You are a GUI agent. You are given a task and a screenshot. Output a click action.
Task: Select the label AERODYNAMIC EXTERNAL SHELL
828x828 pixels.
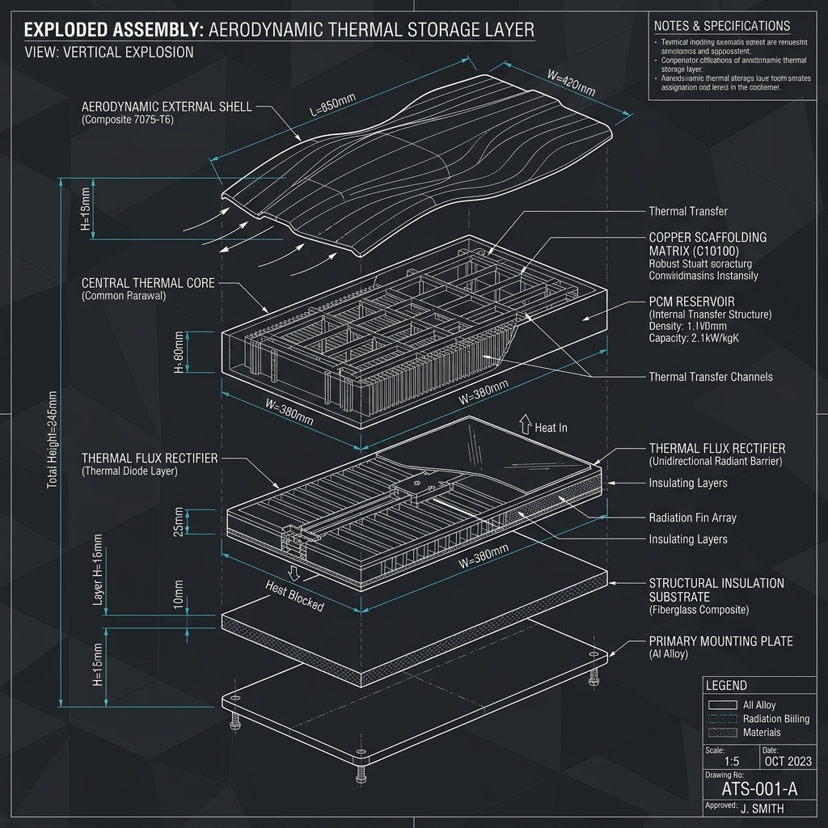167,107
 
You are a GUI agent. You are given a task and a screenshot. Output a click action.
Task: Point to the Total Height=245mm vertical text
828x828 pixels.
53,439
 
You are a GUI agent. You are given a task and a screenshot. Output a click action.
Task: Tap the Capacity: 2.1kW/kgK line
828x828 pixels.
694,338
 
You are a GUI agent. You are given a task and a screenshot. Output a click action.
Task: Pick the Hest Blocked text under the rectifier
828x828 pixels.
294,596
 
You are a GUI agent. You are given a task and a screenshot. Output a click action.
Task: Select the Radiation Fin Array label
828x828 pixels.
692,517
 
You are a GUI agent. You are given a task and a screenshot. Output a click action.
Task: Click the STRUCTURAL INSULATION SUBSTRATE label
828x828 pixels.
716,589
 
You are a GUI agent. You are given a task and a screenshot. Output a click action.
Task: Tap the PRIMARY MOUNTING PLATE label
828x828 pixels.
720,641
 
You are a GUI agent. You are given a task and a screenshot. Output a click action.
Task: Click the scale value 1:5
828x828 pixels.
732,762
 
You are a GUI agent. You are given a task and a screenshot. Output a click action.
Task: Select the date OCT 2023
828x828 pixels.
788,762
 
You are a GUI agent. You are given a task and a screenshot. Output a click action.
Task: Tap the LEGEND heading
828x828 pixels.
726,686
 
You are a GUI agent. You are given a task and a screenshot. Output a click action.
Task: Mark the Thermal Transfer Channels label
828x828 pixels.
711,377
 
